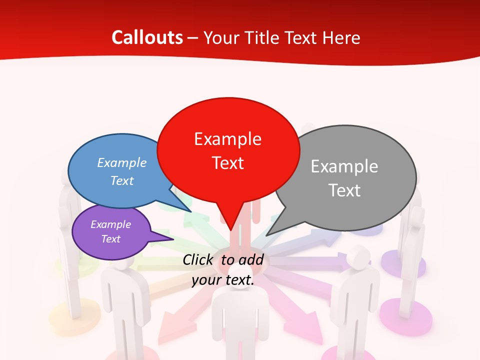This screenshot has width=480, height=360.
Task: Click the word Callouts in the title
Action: click(147, 37)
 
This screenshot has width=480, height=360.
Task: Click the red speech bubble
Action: click(228, 150)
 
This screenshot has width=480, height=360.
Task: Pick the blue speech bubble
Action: click(112, 172)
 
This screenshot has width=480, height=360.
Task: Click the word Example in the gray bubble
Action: click(344, 166)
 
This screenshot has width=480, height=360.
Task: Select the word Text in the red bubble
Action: click(228, 163)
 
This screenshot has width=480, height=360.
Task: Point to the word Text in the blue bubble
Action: click(122, 181)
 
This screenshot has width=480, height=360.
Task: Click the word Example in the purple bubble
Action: click(110, 224)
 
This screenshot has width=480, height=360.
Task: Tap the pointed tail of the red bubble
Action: click(230, 225)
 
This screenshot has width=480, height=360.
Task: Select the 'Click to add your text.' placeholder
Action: click(223, 270)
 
